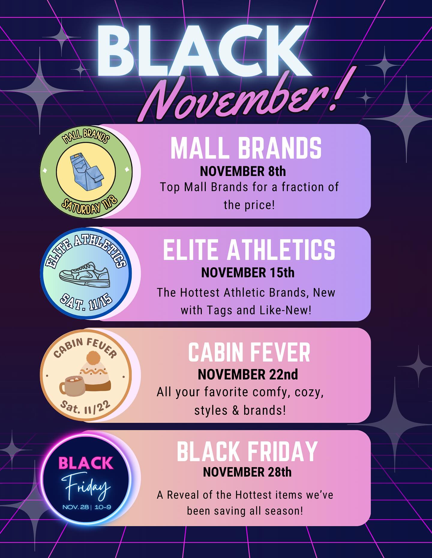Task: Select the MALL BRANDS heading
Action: [246, 148]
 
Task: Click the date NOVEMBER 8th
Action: [243, 171]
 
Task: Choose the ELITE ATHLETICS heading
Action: [249, 250]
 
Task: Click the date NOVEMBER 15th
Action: [248, 273]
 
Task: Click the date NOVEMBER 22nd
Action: [248, 375]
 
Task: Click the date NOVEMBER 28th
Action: [247, 472]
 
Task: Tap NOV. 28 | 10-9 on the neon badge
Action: [87, 507]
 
